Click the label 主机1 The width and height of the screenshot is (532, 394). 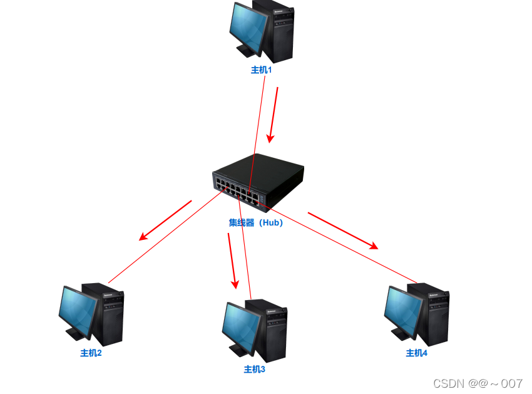click(x=261, y=70)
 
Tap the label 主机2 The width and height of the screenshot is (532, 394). click(x=91, y=353)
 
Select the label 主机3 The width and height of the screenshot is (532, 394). click(x=255, y=369)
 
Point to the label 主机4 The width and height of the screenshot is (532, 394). click(x=417, y=353)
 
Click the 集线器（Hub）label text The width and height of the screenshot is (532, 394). click(x=256, y=222)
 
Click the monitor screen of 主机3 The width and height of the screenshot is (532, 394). click(x=240, y=326)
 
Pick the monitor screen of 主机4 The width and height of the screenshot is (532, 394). click(x=402, y=309)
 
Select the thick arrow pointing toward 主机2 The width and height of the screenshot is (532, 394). click(x=165, y=220)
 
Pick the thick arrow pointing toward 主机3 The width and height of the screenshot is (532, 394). click(x=232, y=260)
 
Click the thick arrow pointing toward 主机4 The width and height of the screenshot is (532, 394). click(x=343, y=231)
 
